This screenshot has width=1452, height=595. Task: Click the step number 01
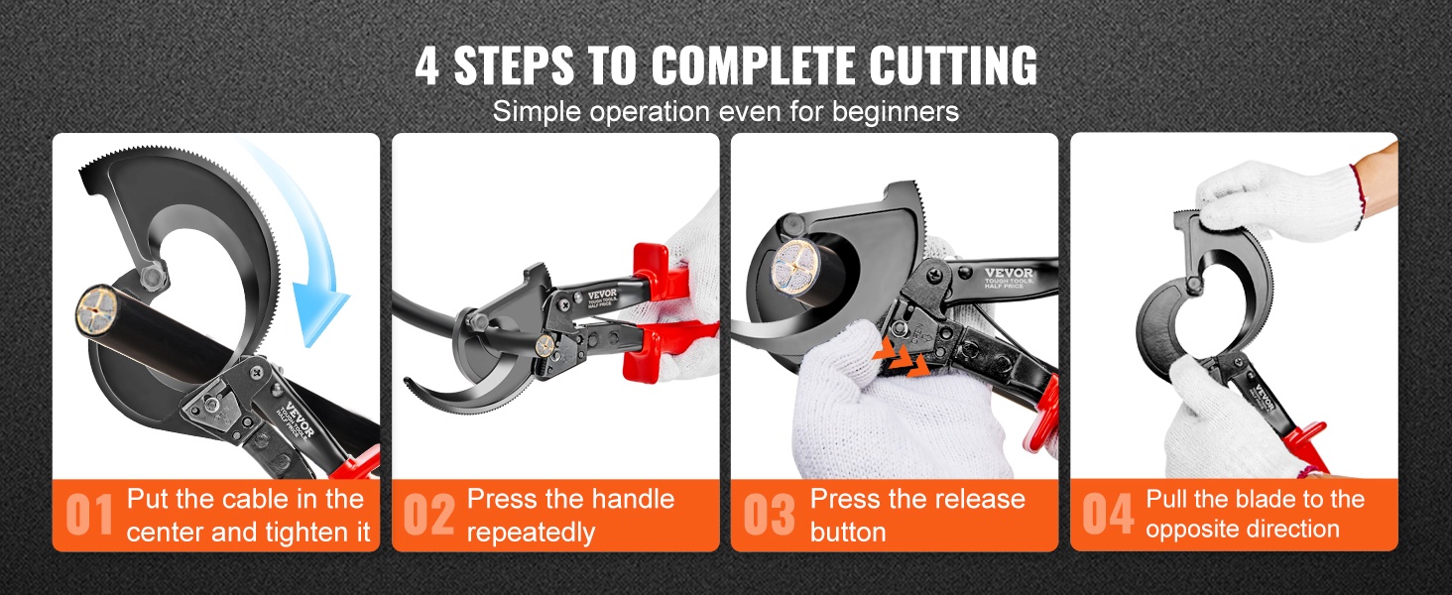(x=89, y=515)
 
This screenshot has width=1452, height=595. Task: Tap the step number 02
(x=428, y=515)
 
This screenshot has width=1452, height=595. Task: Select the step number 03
(x=769, y=515)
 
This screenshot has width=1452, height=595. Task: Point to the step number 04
(x=1109, y=515)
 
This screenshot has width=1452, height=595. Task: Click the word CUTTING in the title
(x=953, y=65)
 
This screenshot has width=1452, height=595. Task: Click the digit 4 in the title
(x=427, y=65)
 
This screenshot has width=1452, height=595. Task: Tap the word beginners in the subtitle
(x=896, y=111)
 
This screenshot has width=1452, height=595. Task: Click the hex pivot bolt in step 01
(x=154, y=276)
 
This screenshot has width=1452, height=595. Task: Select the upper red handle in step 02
(x=662, y=272)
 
